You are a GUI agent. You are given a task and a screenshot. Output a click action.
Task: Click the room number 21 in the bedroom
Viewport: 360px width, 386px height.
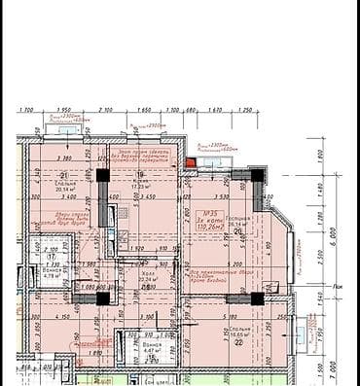(x=63, y=175)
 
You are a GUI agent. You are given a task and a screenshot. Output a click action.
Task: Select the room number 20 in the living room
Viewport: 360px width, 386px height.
(x=237, y=231)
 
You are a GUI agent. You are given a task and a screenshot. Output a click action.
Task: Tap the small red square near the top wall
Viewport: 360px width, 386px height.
(x=191, y=162)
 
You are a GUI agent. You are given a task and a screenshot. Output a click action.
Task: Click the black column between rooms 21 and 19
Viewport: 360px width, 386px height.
(x=102, y=175)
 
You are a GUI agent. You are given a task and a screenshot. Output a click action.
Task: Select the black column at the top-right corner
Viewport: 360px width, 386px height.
(x=256, y=175)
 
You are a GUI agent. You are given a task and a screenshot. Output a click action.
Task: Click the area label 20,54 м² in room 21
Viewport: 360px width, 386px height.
(x=65, y=190)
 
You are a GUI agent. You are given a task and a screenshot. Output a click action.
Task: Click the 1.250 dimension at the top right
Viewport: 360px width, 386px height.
(x=244, y=110)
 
